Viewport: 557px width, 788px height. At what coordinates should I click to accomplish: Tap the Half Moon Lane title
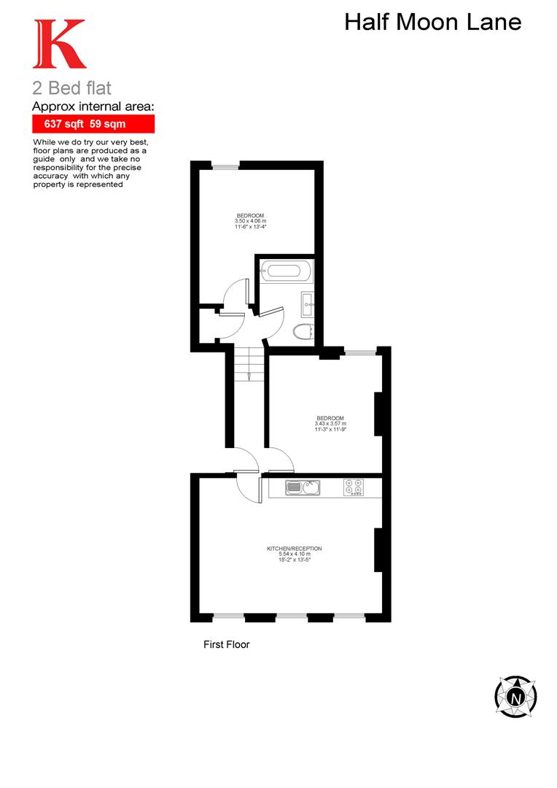click(432, 22)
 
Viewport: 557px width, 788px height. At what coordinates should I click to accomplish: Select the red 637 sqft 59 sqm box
click(93, 124)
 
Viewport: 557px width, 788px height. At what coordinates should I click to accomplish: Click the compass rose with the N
click(516, 697)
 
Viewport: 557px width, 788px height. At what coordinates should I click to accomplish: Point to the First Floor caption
click(226, 644)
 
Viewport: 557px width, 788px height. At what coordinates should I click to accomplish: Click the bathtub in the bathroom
click(285, 271)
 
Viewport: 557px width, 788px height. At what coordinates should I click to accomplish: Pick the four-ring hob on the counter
click(355, 487)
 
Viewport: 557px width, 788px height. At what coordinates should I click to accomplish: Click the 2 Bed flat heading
click(72, 89)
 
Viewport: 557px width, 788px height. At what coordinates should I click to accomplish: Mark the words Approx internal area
click(93, 107)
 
